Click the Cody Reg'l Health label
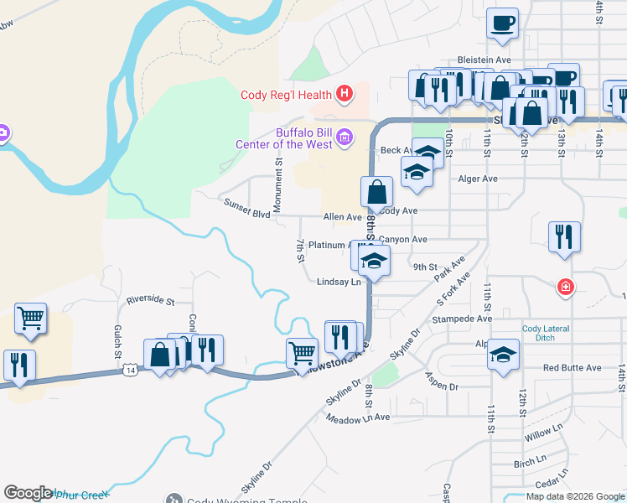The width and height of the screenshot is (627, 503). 286,95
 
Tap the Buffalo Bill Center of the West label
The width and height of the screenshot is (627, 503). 304,138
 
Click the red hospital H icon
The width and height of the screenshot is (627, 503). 343,93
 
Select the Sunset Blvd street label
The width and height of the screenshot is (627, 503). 246,208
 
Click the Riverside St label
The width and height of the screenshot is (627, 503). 150,300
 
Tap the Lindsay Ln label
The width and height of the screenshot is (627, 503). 339,283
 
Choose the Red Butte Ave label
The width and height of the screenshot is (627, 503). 572,368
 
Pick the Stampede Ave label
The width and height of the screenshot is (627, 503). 461,319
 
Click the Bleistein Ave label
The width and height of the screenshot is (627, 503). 484,60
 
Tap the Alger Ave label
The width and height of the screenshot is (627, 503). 477,179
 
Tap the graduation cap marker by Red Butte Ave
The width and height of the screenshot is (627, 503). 503,355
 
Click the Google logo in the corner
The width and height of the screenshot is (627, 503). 28,493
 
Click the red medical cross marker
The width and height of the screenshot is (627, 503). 567,288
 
